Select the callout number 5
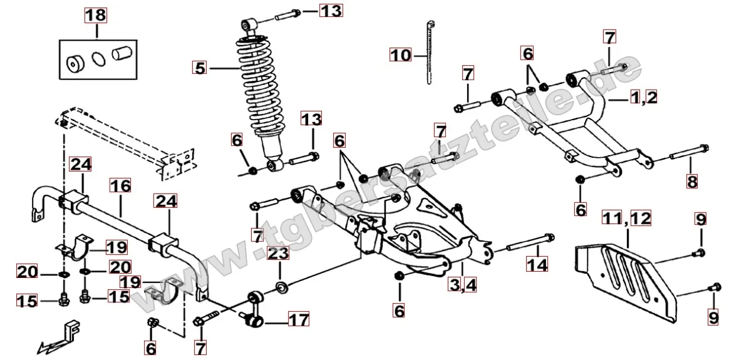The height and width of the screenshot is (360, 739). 199,67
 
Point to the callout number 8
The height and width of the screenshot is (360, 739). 691,181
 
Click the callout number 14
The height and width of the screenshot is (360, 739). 537,265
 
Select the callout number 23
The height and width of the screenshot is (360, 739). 279,255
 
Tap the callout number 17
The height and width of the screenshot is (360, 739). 298,320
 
